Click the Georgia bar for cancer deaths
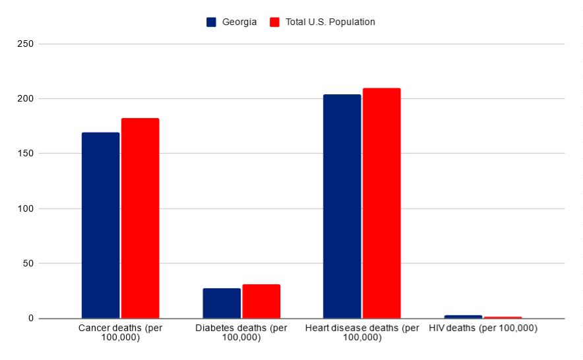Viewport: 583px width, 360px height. pos(100,225)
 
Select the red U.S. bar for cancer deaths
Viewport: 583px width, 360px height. pos(140,218)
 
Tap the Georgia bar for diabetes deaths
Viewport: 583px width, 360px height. pos(222,303)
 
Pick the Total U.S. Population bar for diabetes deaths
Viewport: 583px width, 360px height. pos(261,301)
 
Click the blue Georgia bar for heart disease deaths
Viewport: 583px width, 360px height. pos(342,206)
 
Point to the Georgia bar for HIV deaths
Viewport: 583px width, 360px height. pos(463,316)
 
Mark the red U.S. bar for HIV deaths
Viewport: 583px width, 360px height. pos(503,317)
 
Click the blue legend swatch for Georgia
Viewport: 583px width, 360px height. pos(212,22)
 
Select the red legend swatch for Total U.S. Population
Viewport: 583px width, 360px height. pos(276,22)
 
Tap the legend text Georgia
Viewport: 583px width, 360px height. pos(239,22)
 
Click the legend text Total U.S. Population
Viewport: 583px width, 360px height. pos(330,22)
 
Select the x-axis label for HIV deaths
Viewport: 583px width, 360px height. pos(483,328)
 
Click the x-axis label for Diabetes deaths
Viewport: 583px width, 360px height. pos(241,333)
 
